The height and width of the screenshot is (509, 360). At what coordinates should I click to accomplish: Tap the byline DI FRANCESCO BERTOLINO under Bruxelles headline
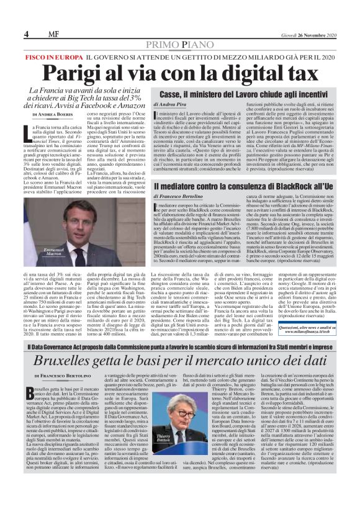(65, 376)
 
